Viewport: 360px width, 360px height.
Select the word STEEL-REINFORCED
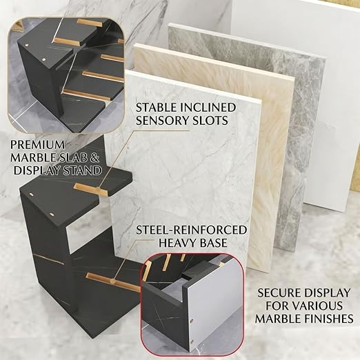(191, 230)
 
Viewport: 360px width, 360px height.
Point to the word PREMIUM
(37, 145)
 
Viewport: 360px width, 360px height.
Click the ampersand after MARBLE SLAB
(94, 158)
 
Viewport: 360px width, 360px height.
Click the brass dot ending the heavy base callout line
(112, 281)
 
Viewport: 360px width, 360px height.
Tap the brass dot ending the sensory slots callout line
(99, 189)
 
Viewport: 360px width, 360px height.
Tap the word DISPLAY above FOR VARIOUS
(326, 293)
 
